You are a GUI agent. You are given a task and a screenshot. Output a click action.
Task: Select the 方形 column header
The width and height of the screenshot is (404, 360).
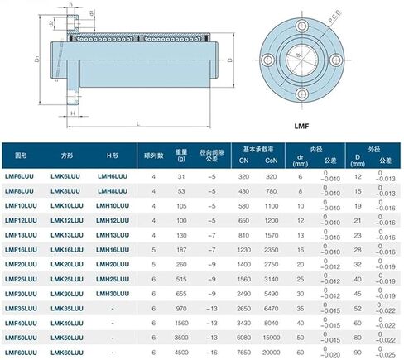[67, 155]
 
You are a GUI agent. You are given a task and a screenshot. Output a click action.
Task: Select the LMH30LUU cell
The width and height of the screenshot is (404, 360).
[113, 295]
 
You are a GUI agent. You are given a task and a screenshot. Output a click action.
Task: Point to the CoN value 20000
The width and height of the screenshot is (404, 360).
[271, 354]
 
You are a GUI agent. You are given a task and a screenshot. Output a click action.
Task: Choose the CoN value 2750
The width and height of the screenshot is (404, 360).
[271, 265]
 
